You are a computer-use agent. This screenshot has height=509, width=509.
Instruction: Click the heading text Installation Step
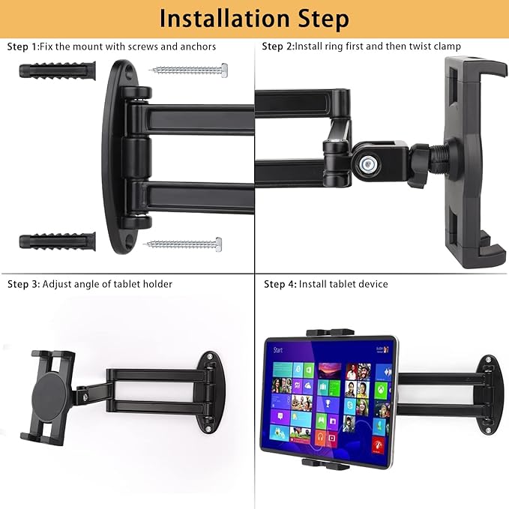254,18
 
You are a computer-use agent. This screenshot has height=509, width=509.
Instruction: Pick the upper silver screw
189,70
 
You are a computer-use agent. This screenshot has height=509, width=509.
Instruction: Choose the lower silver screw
183,244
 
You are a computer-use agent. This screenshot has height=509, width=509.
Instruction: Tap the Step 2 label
277,47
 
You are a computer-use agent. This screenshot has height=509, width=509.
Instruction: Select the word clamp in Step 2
447,47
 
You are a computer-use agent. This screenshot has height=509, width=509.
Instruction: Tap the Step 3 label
23,285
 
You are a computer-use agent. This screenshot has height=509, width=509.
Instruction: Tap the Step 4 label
280,285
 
